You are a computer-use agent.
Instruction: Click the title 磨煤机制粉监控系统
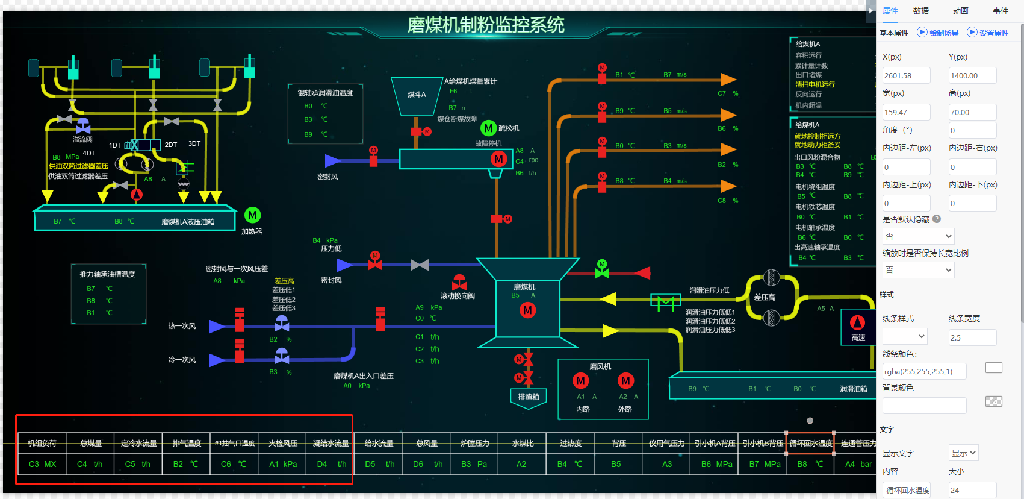pos(486,25)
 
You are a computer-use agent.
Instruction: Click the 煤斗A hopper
pos(417,95)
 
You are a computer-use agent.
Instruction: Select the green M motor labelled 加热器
pos(252,215)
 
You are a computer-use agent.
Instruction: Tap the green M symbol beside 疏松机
pos(488,128)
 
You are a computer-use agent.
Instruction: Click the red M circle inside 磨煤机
pos(527,310)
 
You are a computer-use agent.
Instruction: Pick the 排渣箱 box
pos(529,397)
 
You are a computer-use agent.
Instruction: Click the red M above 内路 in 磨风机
pos(580,380)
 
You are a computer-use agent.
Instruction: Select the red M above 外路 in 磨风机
pos(625,380)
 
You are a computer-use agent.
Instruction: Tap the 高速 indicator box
pos(858,327)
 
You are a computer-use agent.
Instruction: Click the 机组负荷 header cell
pos(42,444)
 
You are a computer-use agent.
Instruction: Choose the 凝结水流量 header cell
pos(330,444)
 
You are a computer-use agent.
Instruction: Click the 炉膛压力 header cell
pos(474,444)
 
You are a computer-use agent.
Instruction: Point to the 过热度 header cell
pos(571,444)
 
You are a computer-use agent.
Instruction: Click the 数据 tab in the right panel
pos(920,11)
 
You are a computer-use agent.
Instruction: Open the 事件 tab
pos(1000,11)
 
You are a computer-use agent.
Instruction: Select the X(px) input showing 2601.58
pos(906,75)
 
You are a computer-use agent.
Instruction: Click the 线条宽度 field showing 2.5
pos(972,337)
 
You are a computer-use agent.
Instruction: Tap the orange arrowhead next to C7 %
pos(728,80)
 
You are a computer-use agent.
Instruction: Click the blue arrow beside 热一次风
pos(216,327)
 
